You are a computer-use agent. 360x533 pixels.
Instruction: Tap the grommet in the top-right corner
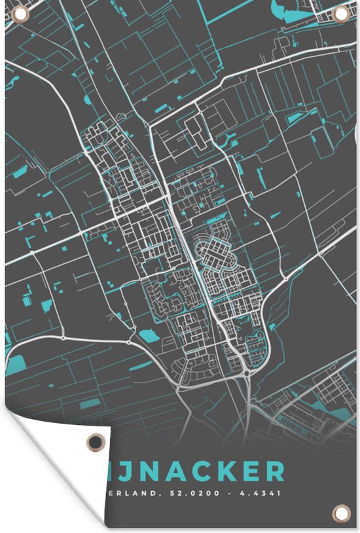pos(340,13)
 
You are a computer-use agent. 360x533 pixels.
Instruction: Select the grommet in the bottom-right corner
pos(340,512)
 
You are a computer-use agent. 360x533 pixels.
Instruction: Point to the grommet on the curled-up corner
pos(96,442)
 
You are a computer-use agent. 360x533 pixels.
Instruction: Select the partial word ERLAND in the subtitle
pos(133,492)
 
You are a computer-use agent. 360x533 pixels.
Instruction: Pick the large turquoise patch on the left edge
pos(14,362)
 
